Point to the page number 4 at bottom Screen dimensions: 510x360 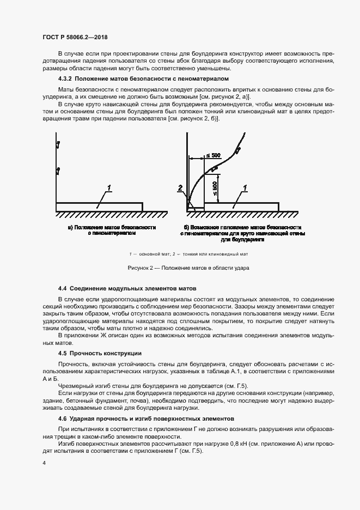coord(44,463)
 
